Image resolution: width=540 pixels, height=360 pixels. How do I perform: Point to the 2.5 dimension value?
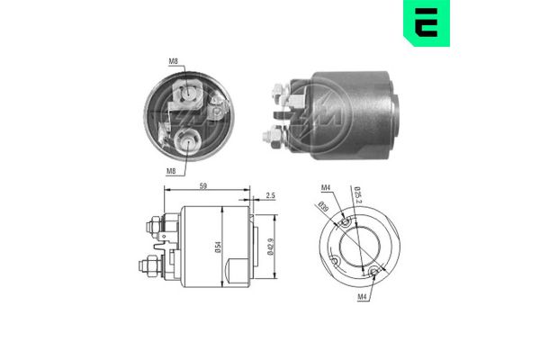pyautogui.click(x=271, y=195)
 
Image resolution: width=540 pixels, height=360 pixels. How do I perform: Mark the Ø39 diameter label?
pyautogui.click(x=324, y=210)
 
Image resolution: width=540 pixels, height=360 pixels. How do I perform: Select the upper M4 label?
pyautogui.click(x=328, y=187)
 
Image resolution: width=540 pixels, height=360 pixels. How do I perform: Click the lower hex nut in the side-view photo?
pyautogui.click(x=268, y=136)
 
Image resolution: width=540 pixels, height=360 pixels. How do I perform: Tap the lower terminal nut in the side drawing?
pyautogui.click(x=148, y=267)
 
